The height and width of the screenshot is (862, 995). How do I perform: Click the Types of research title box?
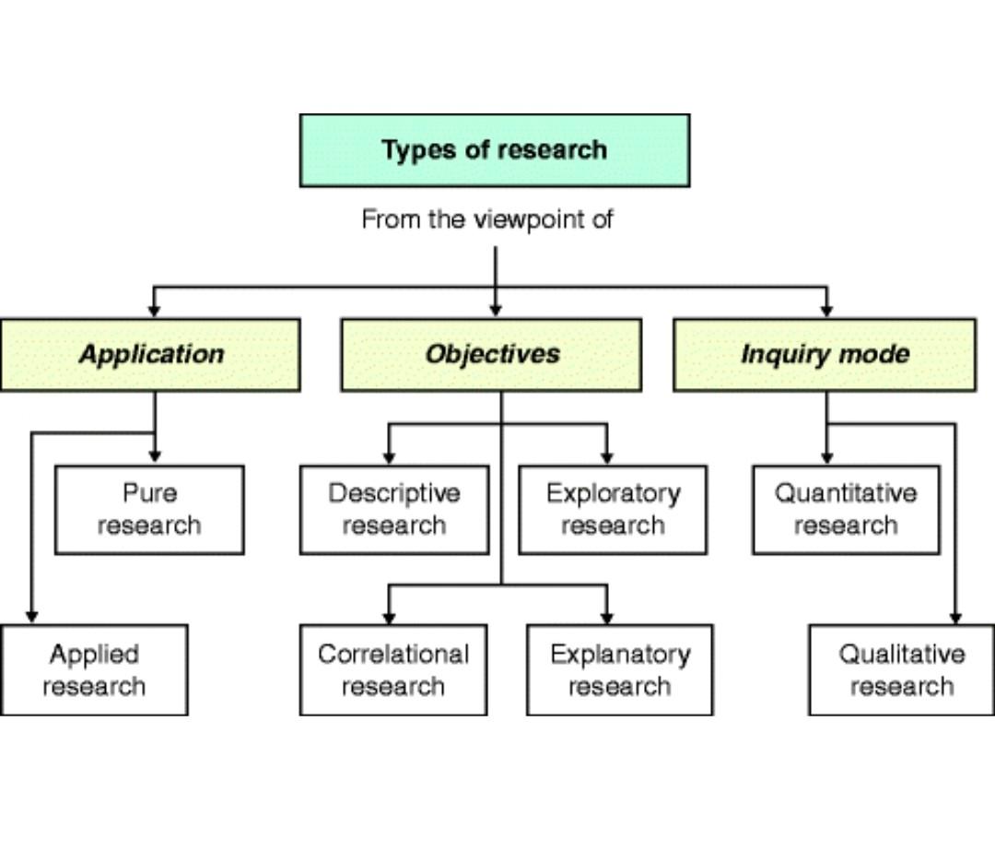[494, 150]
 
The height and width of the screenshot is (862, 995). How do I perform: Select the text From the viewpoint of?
[486, 219]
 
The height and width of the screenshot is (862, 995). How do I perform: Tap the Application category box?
[150, 355]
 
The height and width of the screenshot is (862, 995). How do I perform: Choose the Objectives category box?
[491, 355]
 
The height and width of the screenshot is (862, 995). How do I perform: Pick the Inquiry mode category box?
[825, 355]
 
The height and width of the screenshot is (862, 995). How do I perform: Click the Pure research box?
[149, 510]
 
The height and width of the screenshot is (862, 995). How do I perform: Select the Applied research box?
[94, 670]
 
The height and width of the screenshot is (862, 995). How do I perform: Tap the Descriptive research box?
[394, 510]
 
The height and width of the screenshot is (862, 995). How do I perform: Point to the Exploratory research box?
[613, 510]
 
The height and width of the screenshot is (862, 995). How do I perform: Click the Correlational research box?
[393, 670]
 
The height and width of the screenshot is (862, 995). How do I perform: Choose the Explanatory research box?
[619, 670]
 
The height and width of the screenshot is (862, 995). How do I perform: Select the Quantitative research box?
[846, 510]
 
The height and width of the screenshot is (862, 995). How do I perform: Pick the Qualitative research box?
[901, 670]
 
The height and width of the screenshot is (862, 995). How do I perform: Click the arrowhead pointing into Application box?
[154, 311]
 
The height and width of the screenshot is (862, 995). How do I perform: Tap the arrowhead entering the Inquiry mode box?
[826, 311]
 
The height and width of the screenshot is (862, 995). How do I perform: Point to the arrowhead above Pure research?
[155, 456]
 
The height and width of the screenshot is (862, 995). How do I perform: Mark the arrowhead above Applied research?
[31, 616]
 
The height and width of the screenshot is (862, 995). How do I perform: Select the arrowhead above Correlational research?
[389, 616]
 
